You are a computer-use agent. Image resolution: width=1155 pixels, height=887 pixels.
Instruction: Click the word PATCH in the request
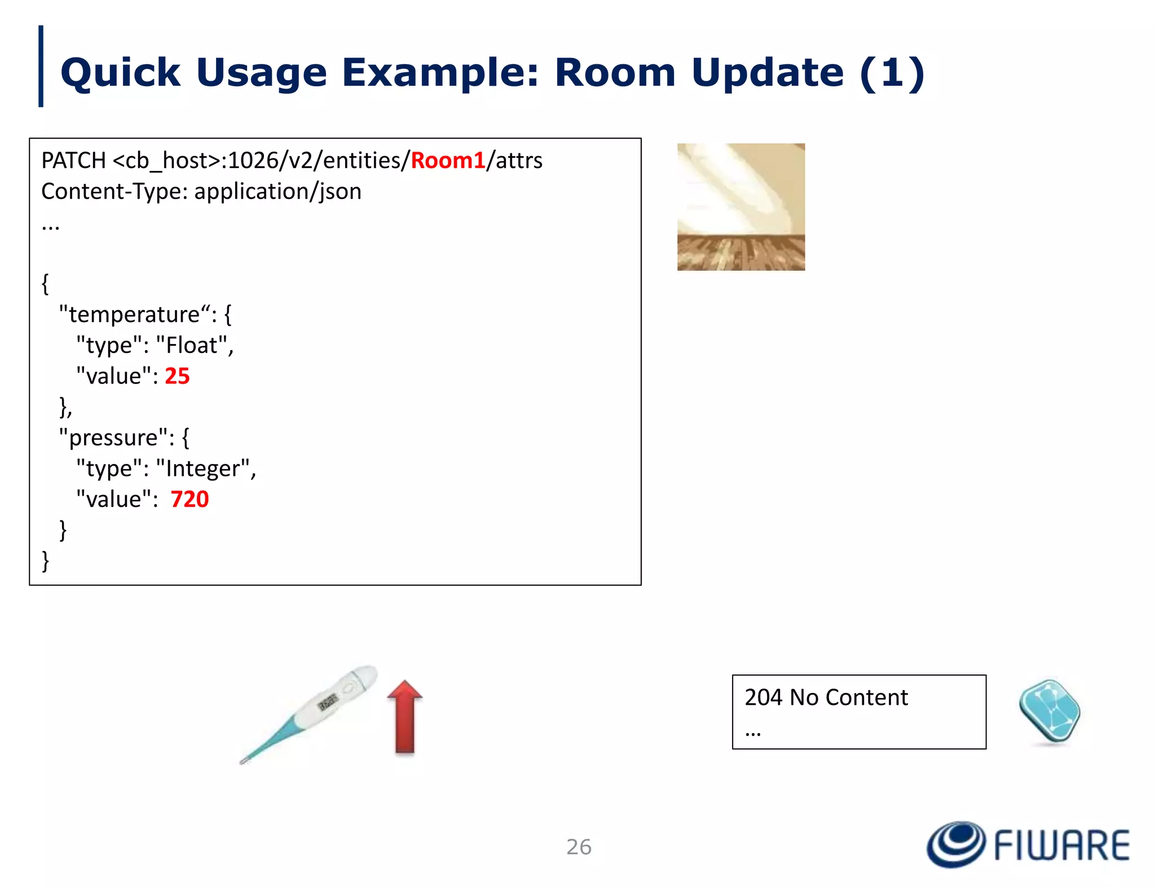(x=73, y=161)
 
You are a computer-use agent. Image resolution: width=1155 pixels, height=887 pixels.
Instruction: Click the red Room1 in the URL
(x=448, y=161)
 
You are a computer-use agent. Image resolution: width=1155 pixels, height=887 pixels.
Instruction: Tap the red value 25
(x=177, y=376)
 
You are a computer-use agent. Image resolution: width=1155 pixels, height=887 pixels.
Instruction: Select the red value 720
(x=189, y=500)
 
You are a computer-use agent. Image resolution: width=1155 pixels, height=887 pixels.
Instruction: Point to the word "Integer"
(x=202, y=469)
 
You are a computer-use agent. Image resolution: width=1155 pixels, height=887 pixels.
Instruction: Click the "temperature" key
(x=134, y=315)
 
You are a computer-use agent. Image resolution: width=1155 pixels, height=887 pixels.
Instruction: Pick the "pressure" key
(x=113, y=438)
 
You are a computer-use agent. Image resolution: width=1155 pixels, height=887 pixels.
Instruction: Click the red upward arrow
(x=405, y=717)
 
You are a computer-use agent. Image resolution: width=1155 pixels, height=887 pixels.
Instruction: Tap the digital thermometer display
(x=328, y=701)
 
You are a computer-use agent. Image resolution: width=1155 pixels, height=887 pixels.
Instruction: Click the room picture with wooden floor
(x=740, y=207)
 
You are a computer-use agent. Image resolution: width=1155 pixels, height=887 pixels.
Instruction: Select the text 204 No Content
(x=826, y=698)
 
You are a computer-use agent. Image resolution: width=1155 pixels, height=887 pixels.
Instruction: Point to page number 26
(x=579, y=847)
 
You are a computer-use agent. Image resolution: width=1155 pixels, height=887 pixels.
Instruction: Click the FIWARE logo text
(x=1061, y=845)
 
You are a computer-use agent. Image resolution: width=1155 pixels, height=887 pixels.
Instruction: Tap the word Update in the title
(x=767, y=73)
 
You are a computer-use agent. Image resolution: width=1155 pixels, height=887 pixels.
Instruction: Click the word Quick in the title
(x=120, y=73)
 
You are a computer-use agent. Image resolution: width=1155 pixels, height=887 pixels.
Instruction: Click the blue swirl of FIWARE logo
(x=956, y=844)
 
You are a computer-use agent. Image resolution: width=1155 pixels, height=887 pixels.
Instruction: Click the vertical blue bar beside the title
(x=41, y=67)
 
